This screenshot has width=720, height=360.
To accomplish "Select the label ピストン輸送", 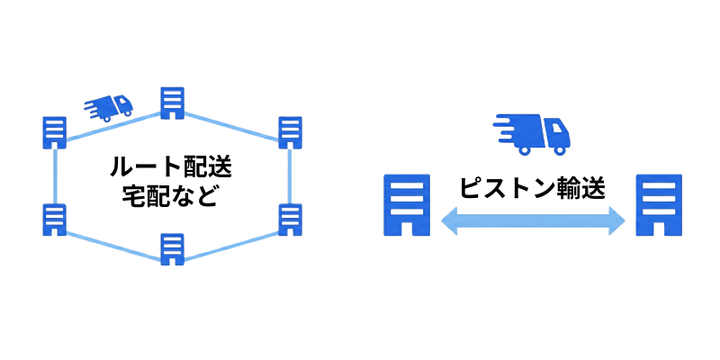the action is pyautogui.click(x=533, y=187).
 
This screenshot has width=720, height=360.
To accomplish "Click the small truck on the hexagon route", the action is pyautogui.click(x=109, y=108).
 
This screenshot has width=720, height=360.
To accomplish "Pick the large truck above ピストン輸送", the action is pyautogui.click(x=532, y=133).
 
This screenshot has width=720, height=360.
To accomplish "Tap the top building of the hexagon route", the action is pyautogui.click(x=172, y=103).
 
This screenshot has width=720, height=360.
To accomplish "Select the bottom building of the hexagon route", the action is pyautogui.click(x=172, y=249).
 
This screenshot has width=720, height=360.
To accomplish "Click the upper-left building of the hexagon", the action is pyautogui.click(x=55, y=132).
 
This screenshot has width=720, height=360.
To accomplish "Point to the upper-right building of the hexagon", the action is pyautogui.click(x=290, y=132).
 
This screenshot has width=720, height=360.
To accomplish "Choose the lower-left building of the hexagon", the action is pyautogui.click(x=55, y=220).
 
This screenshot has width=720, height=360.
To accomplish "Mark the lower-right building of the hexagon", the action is pyautogui.click(x=290, y=220).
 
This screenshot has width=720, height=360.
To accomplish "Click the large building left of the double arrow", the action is pyautogui.click(x=407, y=205).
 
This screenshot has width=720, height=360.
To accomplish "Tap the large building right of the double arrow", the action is pyautogui.click(x=659, y=205).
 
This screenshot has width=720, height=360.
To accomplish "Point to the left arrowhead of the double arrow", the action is pyautogui.click(x=450, y=220).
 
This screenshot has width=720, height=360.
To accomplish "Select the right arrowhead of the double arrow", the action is pyautogui.click(x=616, y=220).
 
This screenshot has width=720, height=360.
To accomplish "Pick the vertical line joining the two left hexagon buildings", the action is pyautogui.click(x=55, y=176).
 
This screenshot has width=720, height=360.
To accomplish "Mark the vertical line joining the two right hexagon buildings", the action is pyautogui.click(x=290, y=176).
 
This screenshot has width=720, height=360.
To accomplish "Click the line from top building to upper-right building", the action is pyautogui.click(x=231, y=125).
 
